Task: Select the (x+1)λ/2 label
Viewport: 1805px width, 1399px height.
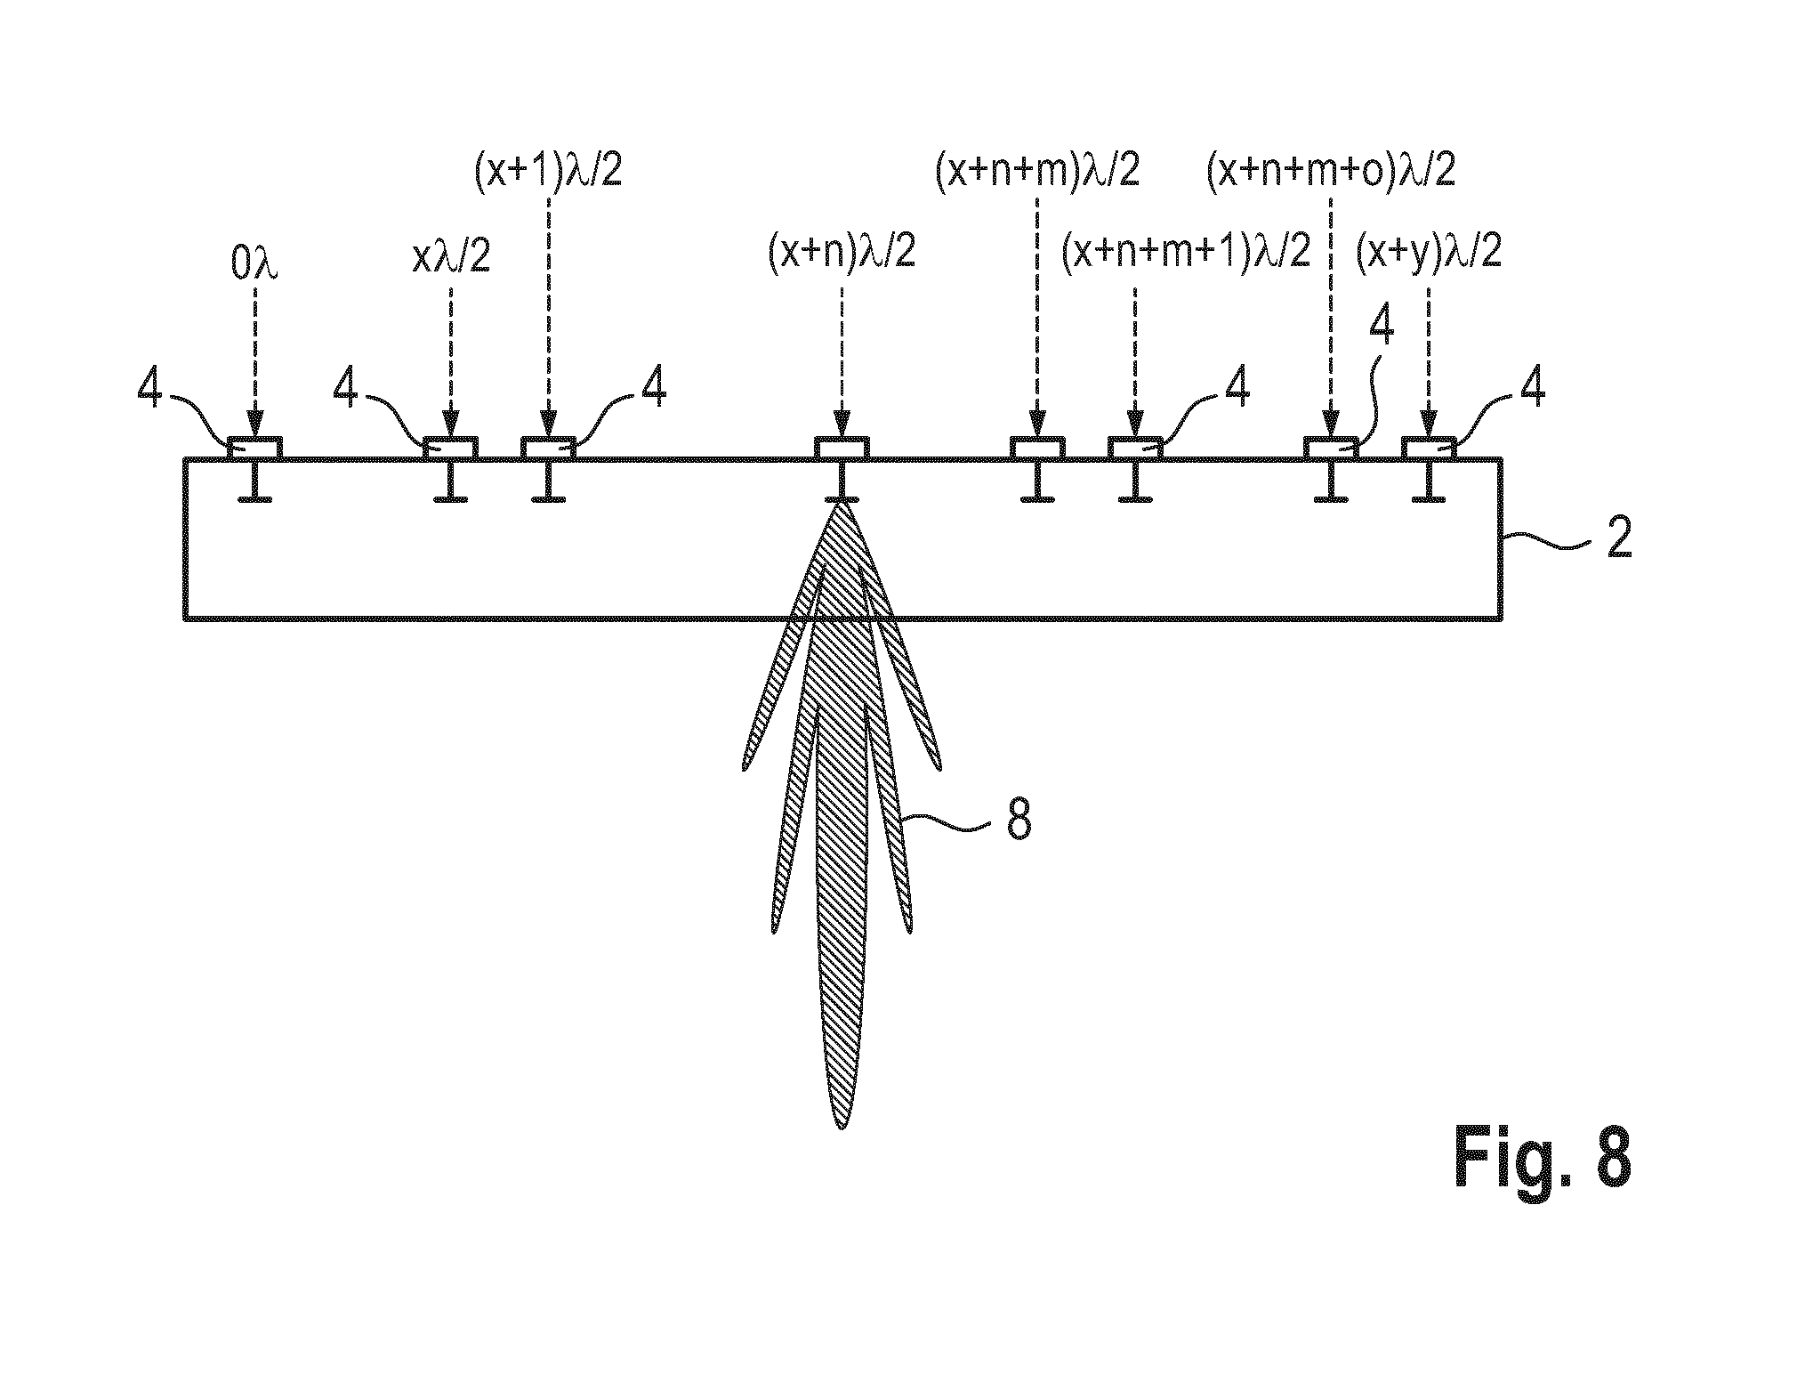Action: tap(547, 170)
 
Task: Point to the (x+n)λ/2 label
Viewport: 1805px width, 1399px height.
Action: tap(842, 253)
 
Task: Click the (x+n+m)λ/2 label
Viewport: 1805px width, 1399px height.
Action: tap(1037, 170)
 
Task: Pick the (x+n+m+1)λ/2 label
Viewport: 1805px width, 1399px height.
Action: tap(1186, 253)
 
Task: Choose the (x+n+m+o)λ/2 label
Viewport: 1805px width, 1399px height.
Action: tap(1331, 170)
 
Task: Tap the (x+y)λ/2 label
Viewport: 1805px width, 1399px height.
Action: tap(1429, 253)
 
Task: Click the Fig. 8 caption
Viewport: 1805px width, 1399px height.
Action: tap(1542, 1156)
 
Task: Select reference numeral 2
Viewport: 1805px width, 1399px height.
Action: tap(1619, 539)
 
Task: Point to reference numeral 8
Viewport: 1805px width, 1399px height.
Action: tap(1019, 821)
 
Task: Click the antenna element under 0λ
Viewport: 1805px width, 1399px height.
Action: tap(255, 449)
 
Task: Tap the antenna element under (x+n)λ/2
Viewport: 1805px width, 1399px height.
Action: tap(843, 449)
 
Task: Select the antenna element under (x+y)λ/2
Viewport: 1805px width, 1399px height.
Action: tap(1429, 449)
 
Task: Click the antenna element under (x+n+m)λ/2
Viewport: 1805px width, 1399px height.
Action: tap(1037, 449)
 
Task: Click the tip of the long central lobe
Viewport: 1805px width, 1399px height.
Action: tap(840, 1129)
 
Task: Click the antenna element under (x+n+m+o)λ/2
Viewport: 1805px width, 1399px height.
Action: tap(1331, 449)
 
